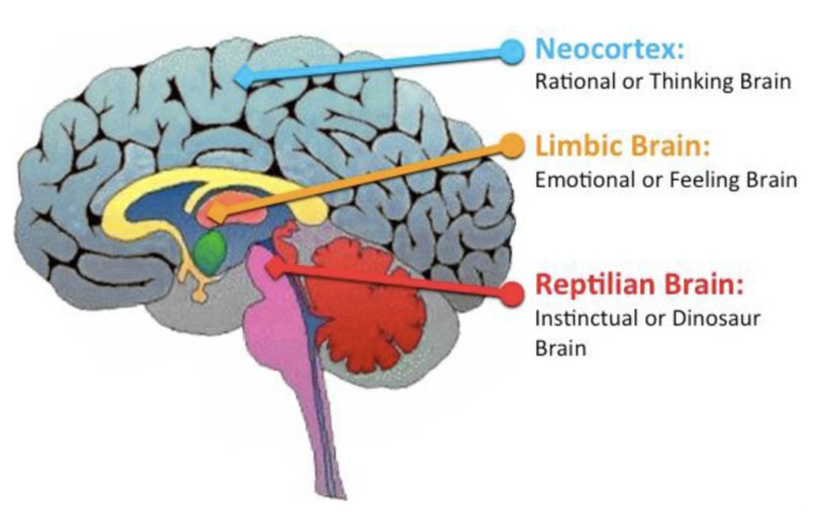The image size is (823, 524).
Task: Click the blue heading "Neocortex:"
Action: [608, 49]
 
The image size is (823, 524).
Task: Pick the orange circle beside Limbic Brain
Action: [513, 145]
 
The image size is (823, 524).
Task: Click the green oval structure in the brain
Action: [211, 249]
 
